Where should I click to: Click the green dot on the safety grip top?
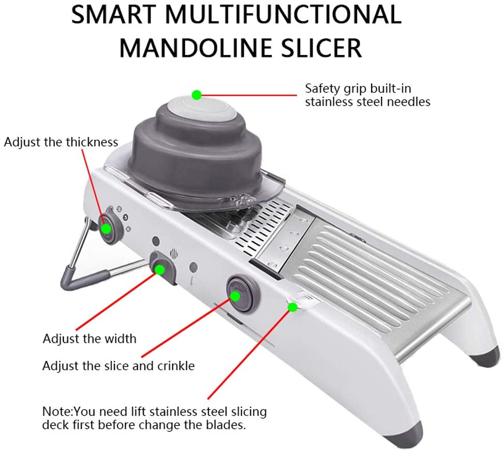coord(196,95)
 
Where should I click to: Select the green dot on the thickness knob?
coord(106,228)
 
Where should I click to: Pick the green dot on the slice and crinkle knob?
coord(235,296)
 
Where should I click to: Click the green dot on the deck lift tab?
coord(292,307)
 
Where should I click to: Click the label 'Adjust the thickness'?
coord(61,142)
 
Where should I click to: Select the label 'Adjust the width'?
coord(90,339)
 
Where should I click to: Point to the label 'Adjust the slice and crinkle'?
coord(119,366)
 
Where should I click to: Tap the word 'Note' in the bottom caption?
coord(56,412)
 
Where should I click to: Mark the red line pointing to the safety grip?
coord(248,95)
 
